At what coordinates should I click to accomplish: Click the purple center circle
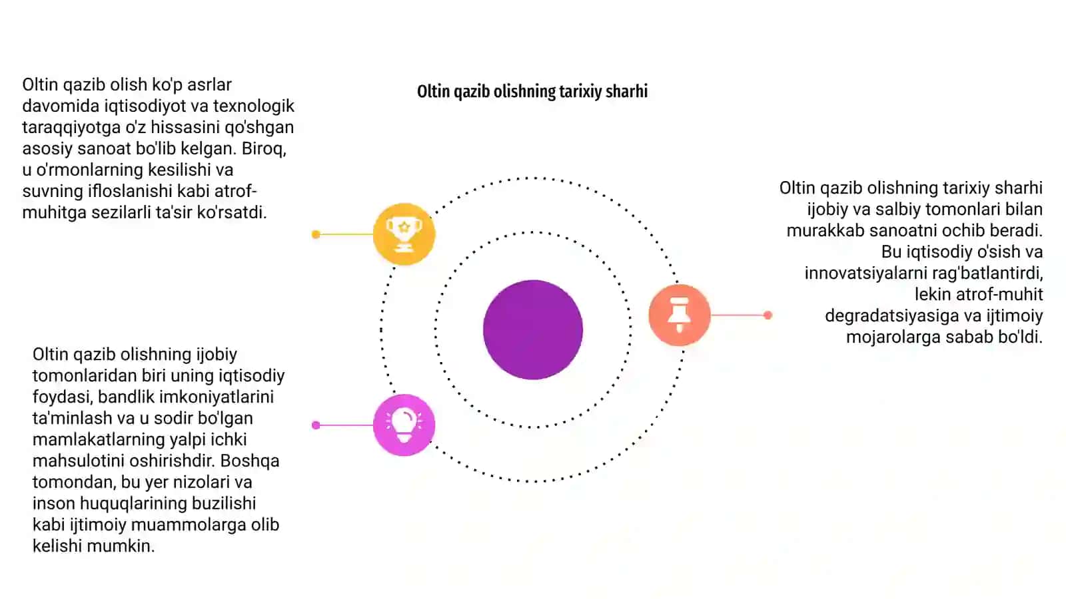[x=532, y=329]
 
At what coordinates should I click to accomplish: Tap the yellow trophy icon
[x=404, y=234]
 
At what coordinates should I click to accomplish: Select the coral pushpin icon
[x=679, y=315]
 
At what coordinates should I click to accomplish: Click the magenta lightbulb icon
[x=404, y=425]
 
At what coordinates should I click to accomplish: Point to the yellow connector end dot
[x=316, y=234]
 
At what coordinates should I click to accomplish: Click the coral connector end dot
[x=768, y=315]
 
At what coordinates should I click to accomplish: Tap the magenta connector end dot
[x=316, y=425]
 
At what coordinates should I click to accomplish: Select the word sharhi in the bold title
[x=627, y=91]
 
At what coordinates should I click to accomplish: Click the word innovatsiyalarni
[x=864, y=274]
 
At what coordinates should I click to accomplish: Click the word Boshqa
[x=250, y=461]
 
